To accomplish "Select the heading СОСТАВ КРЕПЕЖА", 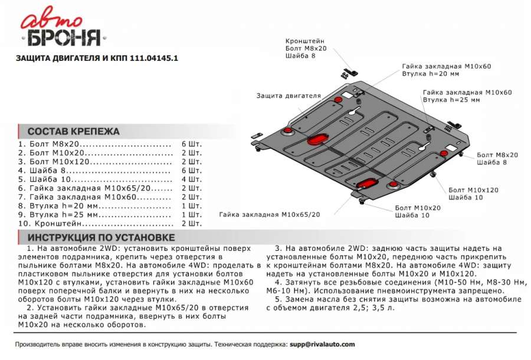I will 74,132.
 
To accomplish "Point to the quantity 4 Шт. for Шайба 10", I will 192,179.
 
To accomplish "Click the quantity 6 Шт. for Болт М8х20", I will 192,144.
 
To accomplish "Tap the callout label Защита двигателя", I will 289,95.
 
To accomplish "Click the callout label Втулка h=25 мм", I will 451,100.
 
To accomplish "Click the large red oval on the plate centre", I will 317,139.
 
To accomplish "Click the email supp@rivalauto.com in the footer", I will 322,344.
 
